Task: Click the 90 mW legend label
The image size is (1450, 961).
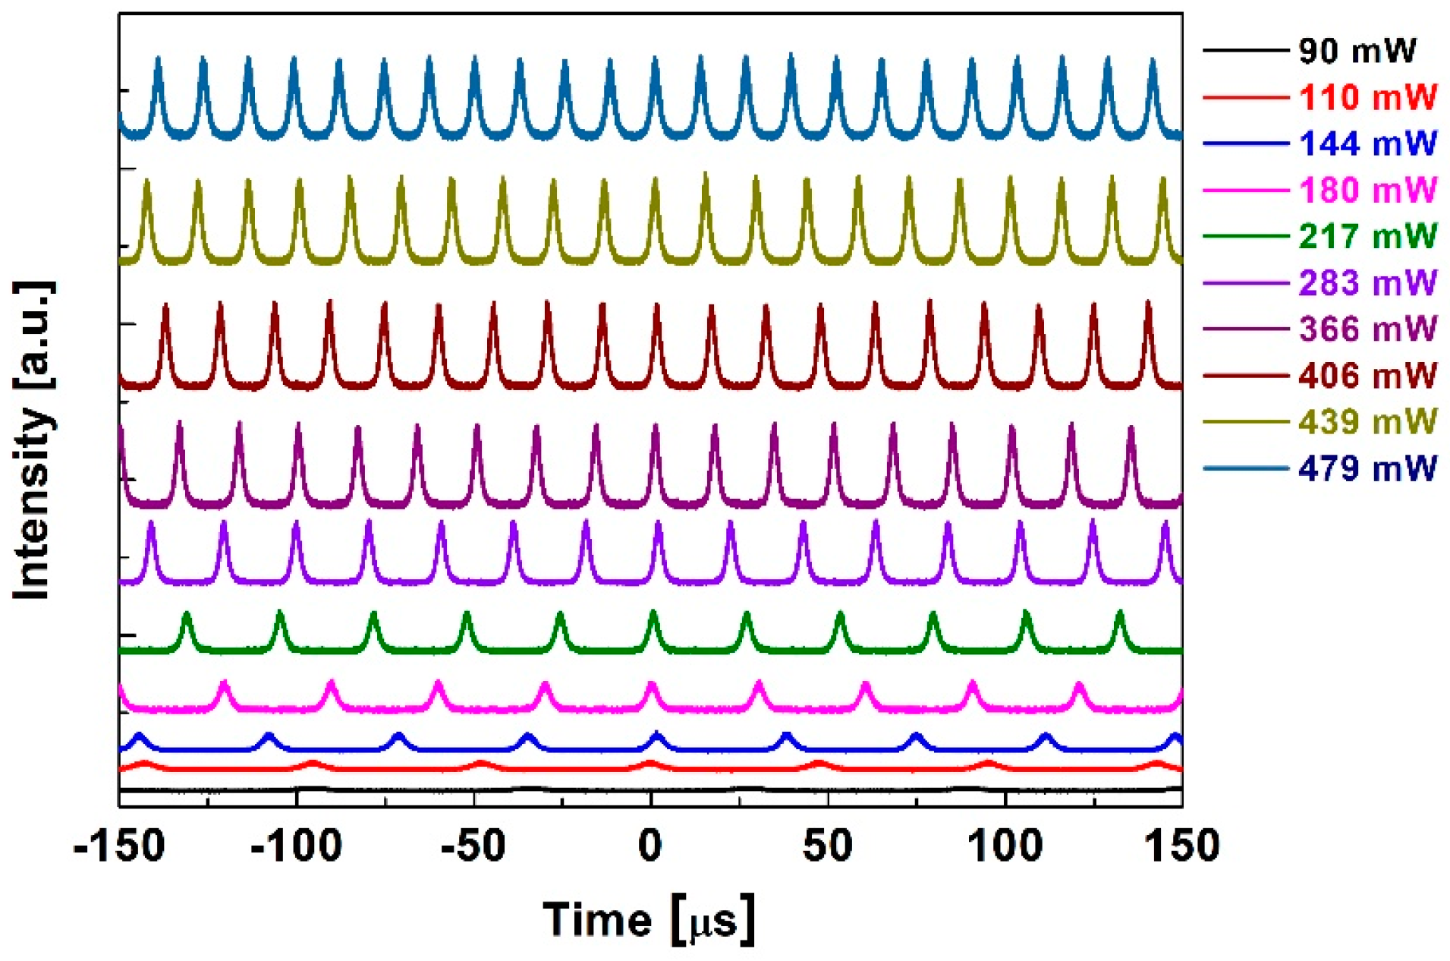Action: point(1357,51)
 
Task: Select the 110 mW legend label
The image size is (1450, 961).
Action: point(1367,97)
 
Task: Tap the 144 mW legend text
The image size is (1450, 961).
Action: point(1367,143)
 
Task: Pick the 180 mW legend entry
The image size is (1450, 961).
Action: point(1367,190)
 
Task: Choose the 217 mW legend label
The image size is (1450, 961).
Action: point(1367,236)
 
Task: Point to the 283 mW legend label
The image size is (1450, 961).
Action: point(1367,282)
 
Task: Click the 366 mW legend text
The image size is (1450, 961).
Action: point(1367,329)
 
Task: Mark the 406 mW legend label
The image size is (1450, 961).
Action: point(1367,375)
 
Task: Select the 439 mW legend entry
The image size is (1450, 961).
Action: point(1367,421)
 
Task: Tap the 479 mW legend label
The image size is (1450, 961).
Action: point(1367,468)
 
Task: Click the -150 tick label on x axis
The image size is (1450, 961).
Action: point(119,845)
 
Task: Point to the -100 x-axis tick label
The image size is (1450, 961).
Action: point(296,845)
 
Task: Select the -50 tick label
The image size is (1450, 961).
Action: point(473,845)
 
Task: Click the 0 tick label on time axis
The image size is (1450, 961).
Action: point(650,845)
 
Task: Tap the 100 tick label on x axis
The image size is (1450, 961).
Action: point(1005,845)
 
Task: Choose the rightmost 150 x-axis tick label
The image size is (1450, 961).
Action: point(1181,845)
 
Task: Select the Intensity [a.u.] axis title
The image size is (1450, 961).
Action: point(33,440)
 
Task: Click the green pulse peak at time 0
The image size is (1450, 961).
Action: point(653,613)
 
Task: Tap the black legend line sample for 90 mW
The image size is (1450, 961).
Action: point(1244,51)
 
